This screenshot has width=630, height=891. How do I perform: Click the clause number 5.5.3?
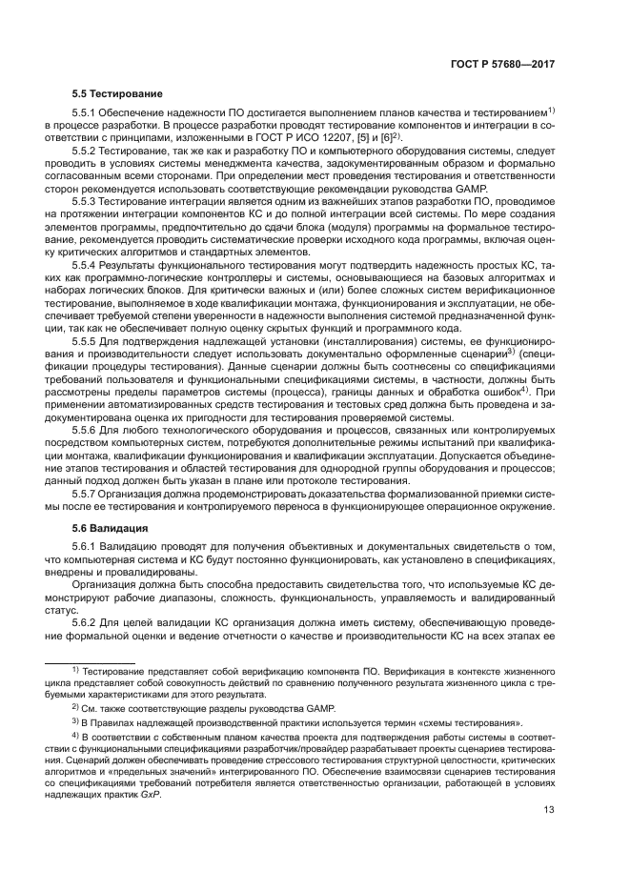[87, 202]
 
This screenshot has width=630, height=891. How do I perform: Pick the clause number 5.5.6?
[87, 430]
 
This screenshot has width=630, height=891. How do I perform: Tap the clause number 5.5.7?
[87, 494]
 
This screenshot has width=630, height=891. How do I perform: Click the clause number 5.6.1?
[87, 547]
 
